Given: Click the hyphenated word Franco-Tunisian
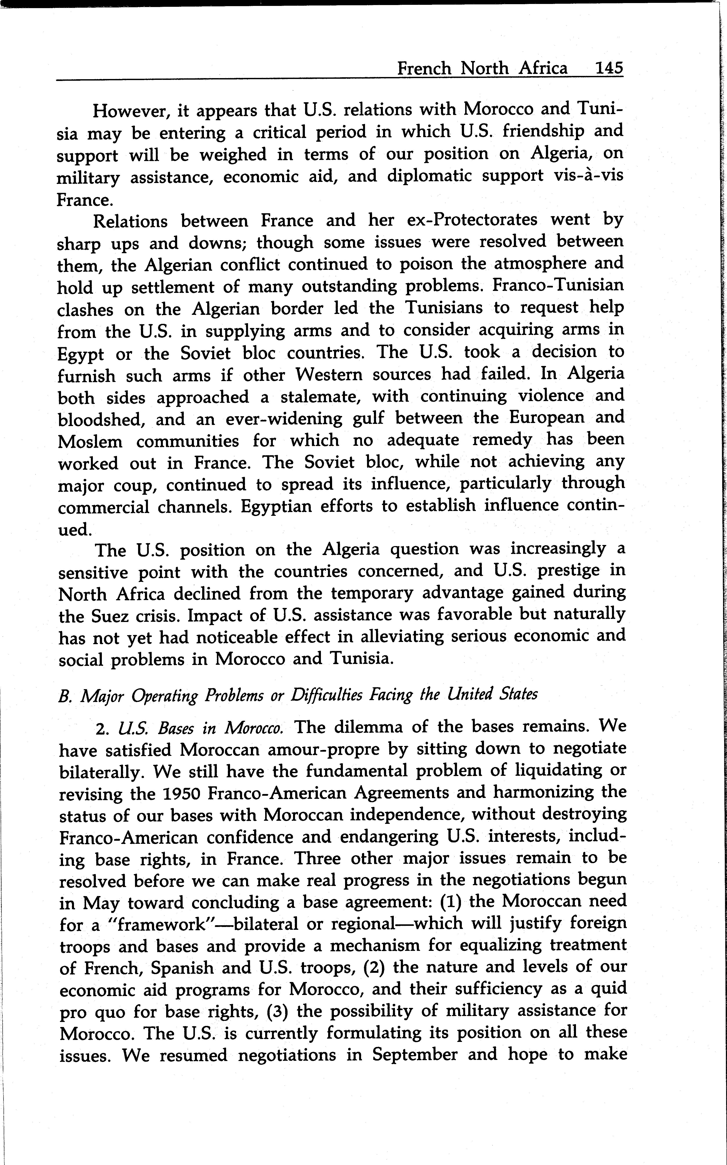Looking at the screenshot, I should [x=558, y=285].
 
